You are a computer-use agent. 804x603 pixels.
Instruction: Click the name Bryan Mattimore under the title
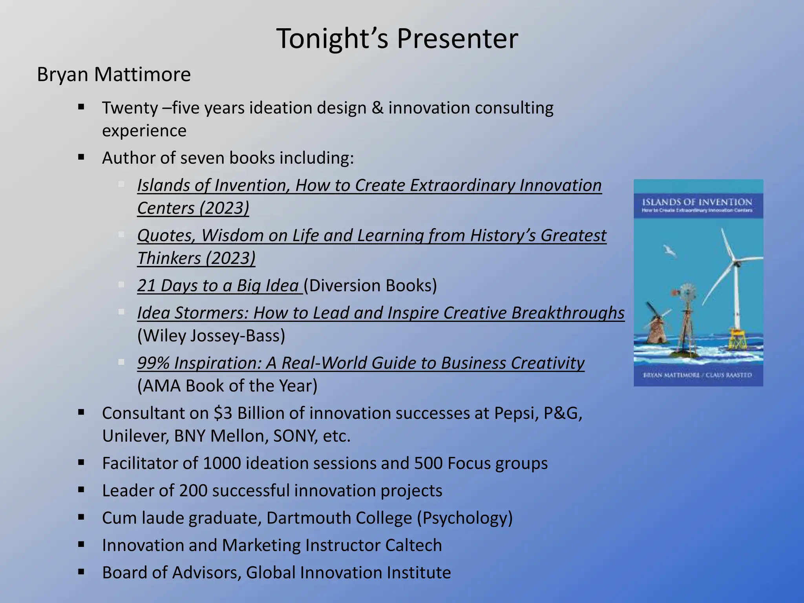point(114,74)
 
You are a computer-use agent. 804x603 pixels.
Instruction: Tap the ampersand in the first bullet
point(377,108)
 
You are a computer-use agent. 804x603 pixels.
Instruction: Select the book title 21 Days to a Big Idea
point(218,285)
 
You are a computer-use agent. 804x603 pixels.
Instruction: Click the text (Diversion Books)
point(370,285)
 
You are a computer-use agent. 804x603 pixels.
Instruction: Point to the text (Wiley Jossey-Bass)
point(211,336)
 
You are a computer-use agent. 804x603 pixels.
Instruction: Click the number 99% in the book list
point(153,363)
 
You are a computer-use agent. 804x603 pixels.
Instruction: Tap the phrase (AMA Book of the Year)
point(227,386)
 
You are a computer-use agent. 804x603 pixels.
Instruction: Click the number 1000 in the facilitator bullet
point(222,464)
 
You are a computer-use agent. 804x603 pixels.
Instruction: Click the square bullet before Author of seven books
point(81,158)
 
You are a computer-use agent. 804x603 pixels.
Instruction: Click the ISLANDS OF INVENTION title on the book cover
point(697,203)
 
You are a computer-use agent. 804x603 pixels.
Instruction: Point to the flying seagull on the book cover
point(669,250)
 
